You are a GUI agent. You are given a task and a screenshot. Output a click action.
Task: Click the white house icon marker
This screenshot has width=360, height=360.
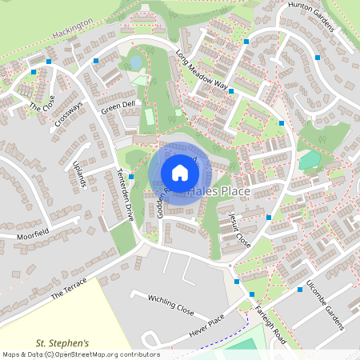[180, 172]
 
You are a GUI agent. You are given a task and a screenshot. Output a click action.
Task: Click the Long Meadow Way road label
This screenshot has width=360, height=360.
[202, 72]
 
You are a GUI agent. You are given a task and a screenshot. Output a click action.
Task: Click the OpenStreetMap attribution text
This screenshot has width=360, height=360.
[80, 354]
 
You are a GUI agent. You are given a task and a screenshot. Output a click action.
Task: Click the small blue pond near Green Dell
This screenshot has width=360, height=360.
[137, 62]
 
